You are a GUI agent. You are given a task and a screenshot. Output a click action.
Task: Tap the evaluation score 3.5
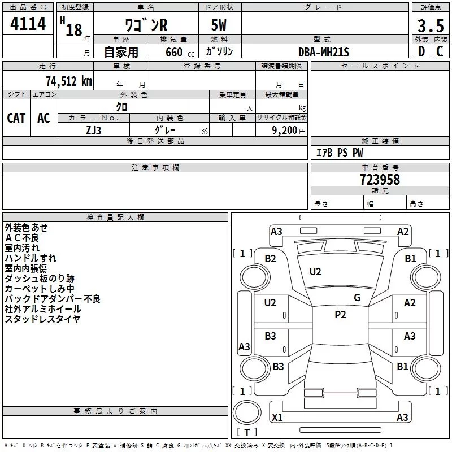[430, 25]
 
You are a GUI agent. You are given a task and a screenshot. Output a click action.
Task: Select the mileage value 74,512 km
[68, 81]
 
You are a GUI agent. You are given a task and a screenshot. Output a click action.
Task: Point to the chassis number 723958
[380, 180]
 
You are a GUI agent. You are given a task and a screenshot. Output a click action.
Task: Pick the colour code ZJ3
[94, 129]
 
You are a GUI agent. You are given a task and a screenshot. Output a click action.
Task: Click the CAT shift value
[16, 118]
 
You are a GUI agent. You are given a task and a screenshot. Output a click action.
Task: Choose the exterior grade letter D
[421, 52]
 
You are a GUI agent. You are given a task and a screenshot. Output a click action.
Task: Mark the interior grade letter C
[439, 52]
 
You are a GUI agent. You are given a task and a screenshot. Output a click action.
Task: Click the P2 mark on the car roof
[340, 315]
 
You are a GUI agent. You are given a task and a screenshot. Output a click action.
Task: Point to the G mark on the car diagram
[357, 298]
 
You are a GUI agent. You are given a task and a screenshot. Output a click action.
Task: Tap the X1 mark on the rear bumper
[277, 418]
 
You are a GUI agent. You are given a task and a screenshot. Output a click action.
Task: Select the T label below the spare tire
[247, 433]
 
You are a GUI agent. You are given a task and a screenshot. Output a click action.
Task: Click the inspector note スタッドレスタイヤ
[42, 319]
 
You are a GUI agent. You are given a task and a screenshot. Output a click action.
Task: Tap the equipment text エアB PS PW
[340, 153]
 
